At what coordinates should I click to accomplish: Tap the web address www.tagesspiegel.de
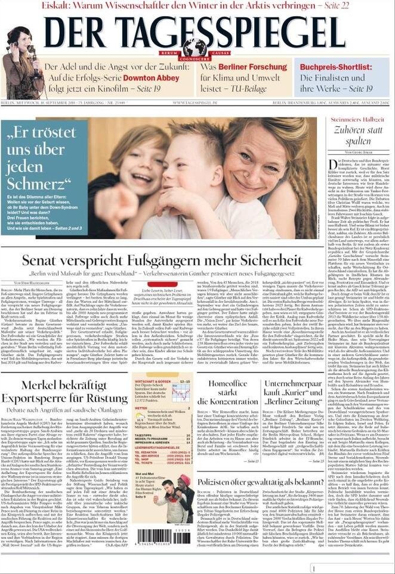pyautogui.click(x=197, y=103)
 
